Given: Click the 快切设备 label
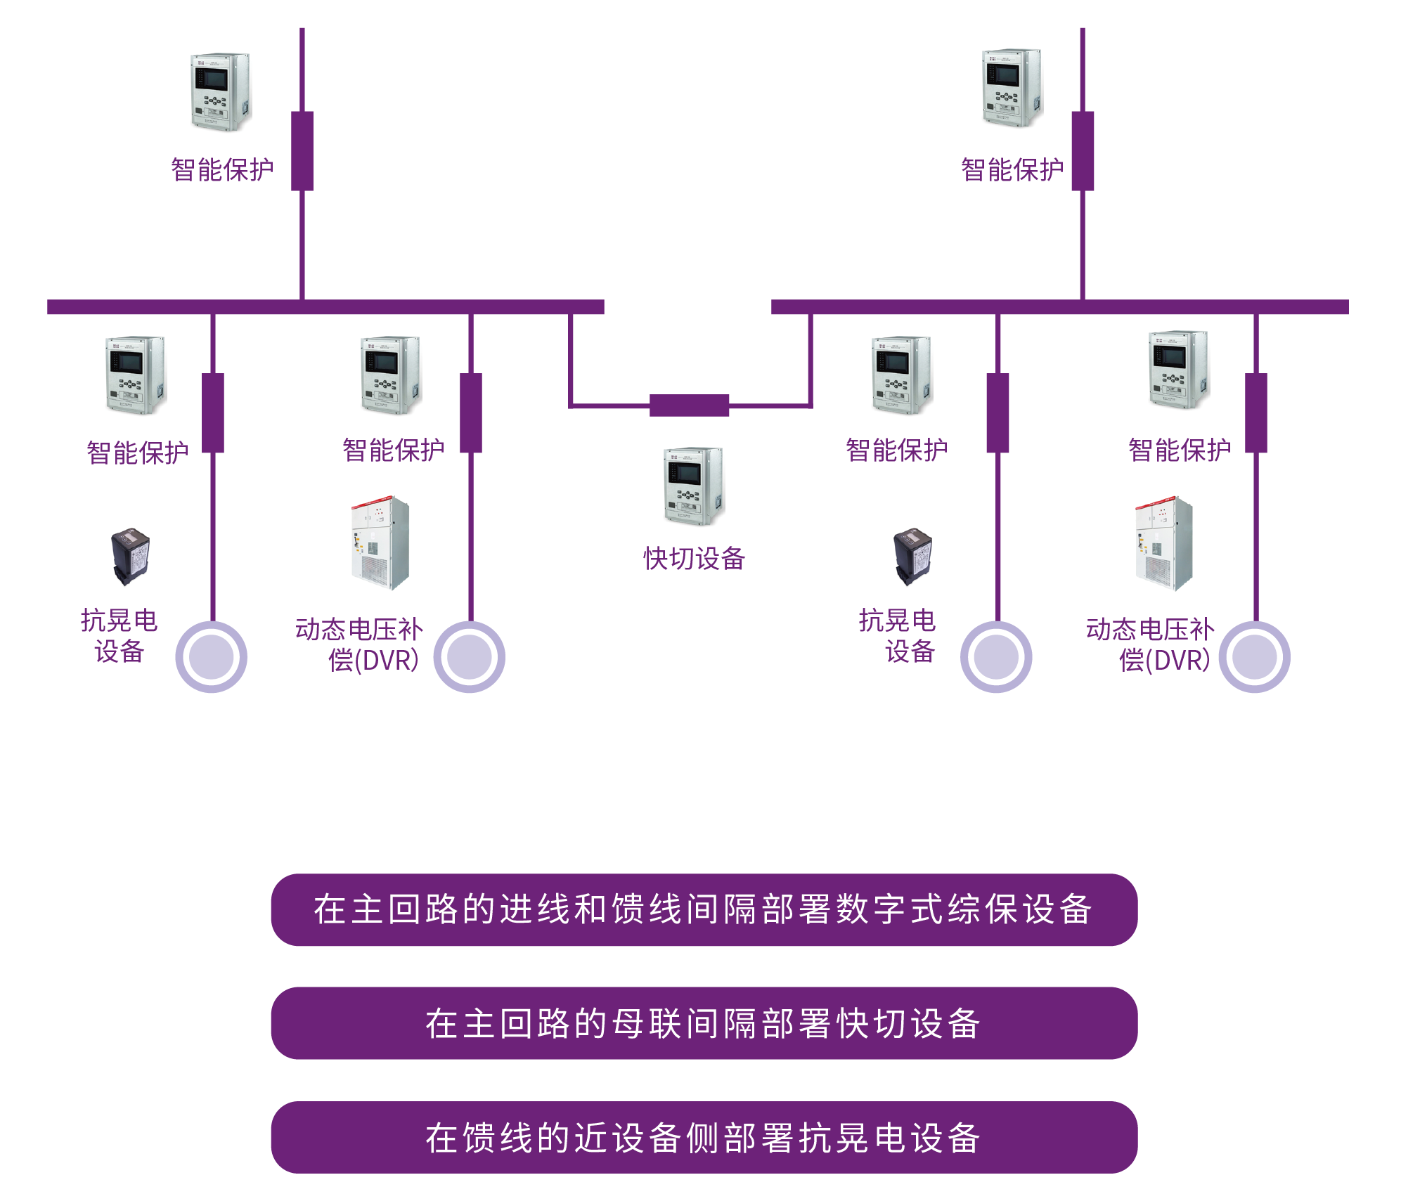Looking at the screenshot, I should click(x=694, y=559).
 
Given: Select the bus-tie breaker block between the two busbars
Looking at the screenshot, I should click(x=689, y=405).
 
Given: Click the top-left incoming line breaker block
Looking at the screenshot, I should click(x=302, y=150).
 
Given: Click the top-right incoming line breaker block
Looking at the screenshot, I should click(x=1083, y=150).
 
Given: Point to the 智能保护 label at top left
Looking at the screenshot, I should click(x=222, y=169).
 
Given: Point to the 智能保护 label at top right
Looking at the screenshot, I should click(x=1012, y=169).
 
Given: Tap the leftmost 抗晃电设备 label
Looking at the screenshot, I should click(x=119, y=635).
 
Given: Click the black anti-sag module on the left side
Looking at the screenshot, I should click(x=131, y=556).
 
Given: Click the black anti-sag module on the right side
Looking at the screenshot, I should click(x=912, y=556).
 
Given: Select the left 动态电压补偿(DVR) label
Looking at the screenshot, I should click(x=359, y=644).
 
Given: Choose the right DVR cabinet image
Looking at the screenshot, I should click(x=1164, y=543).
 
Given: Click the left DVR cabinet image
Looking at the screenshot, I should click(x=380, y=543).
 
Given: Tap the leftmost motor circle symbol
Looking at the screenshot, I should click(x=211, y=656).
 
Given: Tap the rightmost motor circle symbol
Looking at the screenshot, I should click(x=1254, y=656).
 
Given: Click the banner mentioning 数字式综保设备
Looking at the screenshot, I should click(x=704, y=909).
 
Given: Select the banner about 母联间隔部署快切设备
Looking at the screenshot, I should click(x=704, y=1023).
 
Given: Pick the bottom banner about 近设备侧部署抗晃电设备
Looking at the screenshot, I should click(x=704, y=1137).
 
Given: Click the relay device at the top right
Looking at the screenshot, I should click(x=1012, y=88).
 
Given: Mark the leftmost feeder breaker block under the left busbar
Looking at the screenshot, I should click(x=213, y=413).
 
